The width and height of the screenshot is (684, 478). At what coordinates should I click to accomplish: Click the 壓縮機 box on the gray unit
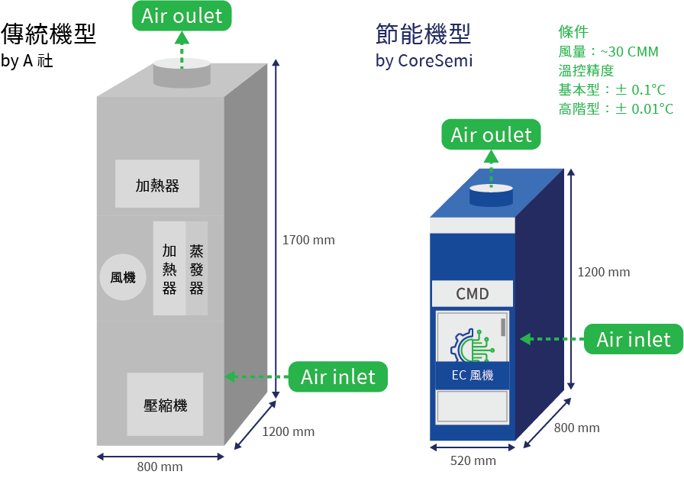tap(165, 404)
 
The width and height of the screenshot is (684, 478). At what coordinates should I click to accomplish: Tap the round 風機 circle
tap(122, 277)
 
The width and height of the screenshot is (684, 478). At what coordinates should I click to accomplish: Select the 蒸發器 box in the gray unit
tap(197, 269)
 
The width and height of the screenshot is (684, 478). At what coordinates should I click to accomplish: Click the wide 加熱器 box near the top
tap(157, 184)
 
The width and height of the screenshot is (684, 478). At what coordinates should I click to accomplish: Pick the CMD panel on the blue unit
tap(472, 293)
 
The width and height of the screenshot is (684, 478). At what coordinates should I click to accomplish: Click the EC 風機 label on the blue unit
tap(472, 375)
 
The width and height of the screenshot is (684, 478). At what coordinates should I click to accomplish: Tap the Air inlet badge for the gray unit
tap(337, 376)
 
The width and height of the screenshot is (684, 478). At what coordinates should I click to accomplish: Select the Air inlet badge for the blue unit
tap(633, 339)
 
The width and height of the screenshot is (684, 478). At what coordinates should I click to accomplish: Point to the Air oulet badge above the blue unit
tap(491, 135)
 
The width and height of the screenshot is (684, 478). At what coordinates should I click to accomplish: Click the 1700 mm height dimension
tap(308, 240)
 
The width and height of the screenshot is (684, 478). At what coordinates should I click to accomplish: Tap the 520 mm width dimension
tap(473, 460)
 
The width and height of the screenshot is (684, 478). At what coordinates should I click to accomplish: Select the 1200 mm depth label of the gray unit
tap(289, 431)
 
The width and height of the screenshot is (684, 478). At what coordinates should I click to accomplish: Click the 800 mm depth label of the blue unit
tap(576, 428)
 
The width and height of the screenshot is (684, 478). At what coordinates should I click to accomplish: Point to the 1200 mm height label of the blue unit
tap(603, 272)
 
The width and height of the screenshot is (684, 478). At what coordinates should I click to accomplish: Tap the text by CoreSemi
tap(424, 61)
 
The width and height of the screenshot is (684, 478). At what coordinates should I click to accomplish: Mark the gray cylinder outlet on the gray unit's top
tap(182, 73)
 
